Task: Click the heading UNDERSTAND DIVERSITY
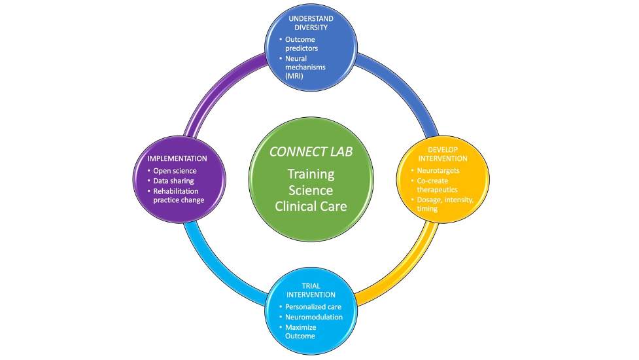[311, 24]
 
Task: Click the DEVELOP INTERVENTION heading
[443, 154]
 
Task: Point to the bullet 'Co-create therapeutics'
[439, 185]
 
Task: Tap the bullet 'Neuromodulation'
[313, 317]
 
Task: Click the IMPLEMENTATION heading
[176, 158]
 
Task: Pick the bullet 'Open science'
[175, 171]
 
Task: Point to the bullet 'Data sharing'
[173, 181]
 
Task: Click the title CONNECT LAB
[310, 152]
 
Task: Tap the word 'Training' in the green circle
[311, 175]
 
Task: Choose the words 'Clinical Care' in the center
[311, 206]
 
